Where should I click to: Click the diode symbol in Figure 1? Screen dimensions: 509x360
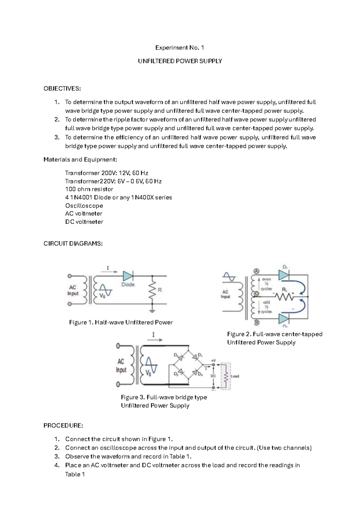pos(128,276)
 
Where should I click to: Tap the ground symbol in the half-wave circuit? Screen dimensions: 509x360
pos(152,311)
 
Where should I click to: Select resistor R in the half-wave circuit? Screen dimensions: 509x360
pos(152,290)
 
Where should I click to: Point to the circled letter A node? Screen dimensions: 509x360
pos(256,271)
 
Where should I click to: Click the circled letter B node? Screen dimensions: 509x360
pos(256,323)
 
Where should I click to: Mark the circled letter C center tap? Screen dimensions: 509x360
pos(256,294)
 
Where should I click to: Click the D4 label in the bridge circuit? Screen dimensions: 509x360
pos(176,355)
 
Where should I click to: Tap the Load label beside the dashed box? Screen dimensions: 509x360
pos(235,376)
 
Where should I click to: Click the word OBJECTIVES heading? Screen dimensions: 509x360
pos(62,89)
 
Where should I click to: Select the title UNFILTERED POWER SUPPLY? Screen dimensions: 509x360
pos(180,61)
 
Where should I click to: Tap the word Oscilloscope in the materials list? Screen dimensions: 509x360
pos(84,206)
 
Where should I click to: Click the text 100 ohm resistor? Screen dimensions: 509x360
pos(89,189)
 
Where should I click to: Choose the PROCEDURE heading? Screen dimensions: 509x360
pos(63,426)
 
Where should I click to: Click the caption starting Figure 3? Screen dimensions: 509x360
pos(164,397)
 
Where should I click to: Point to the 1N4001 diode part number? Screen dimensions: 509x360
pos(81,197)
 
